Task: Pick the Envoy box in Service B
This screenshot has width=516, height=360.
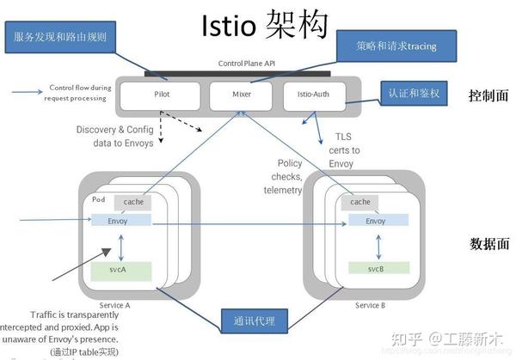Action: point(376,221)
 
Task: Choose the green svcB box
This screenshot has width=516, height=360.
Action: point(376,269)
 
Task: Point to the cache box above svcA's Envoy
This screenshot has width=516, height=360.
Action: point(133,202)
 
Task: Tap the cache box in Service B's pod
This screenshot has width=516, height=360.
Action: point(361,202)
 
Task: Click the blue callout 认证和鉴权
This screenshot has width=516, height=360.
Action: point(415,93)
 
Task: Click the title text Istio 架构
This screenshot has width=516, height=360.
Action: point(262,26)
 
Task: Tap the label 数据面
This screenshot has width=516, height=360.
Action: point(488,243)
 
